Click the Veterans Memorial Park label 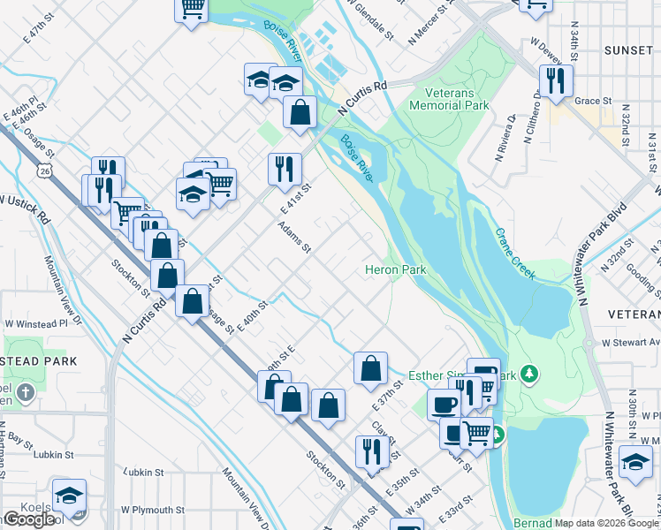449,99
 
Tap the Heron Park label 397,269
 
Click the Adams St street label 294,238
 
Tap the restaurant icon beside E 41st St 285,167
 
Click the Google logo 29,519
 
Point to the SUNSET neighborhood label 628,50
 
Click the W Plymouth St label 153,510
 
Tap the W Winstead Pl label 36,324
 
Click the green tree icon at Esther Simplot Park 530,375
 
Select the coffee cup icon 444,404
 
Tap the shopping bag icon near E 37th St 371,367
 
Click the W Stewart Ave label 630,342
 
